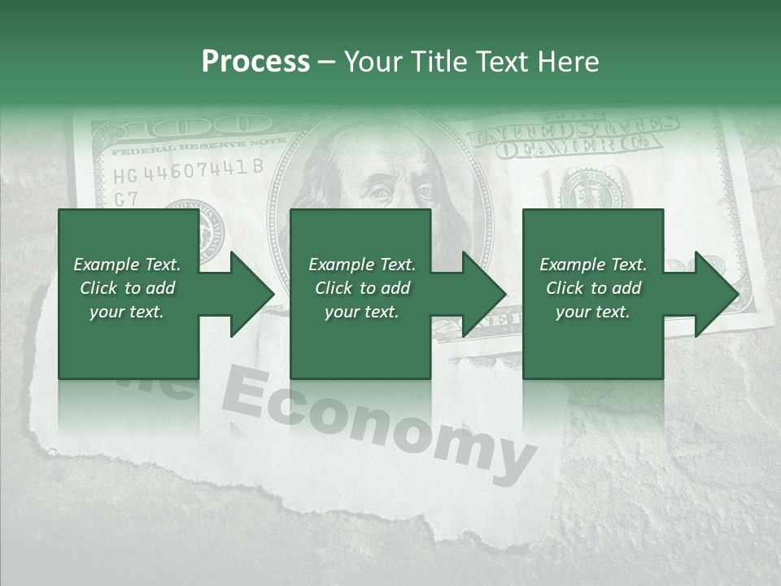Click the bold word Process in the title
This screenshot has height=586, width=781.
[x=255, y=62]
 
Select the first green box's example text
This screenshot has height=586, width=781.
[x=127, y=288]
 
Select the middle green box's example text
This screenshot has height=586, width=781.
[x=361, y=288]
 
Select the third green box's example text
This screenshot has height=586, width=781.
[x=592, y=288]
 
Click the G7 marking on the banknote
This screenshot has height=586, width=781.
[x=125, y=199]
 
